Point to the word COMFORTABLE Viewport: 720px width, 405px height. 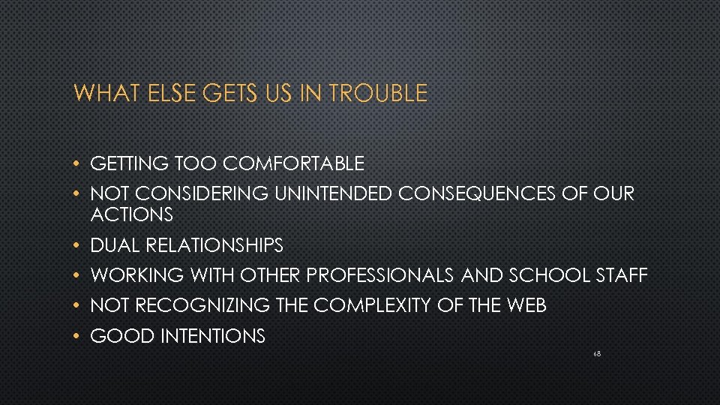294,163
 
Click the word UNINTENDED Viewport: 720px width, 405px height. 333,194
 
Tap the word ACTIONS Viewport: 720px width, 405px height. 131,215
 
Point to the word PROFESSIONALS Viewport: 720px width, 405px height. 380,276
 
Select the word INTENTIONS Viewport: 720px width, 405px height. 212,337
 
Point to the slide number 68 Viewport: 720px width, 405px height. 596,352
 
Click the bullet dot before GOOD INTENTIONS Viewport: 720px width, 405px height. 78,337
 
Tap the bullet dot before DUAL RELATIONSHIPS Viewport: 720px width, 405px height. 78,246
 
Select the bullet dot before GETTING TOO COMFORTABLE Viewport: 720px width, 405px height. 78,163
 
